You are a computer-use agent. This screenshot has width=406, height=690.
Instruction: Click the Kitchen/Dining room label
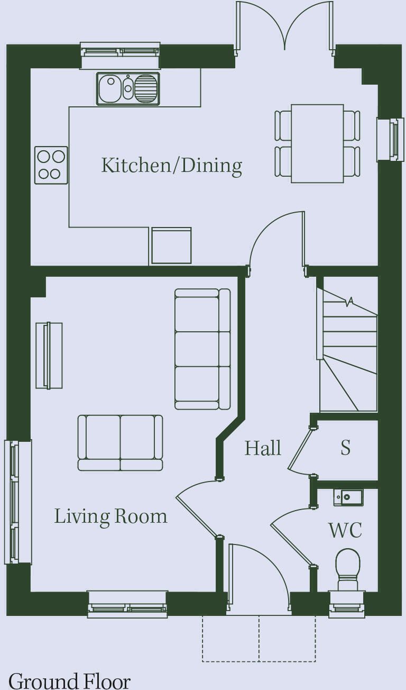(x=171, y=166)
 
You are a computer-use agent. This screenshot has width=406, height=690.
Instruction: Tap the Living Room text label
(x=111, y=516)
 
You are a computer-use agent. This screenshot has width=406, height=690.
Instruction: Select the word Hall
(x=263, y=448)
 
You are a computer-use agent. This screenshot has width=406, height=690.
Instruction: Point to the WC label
(x=345, y=530)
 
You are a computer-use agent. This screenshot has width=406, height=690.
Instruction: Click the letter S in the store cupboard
(x=346, y=448)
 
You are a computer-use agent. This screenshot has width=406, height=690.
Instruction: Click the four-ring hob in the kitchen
(x=51, y=166)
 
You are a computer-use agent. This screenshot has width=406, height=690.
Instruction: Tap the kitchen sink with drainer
(x=128, y=89)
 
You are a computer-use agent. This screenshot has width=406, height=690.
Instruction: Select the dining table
(x=317, y=143)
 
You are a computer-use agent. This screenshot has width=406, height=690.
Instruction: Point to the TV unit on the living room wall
(x=49, y=356)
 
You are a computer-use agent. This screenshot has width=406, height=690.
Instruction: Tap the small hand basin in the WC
(x=348, y=497)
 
